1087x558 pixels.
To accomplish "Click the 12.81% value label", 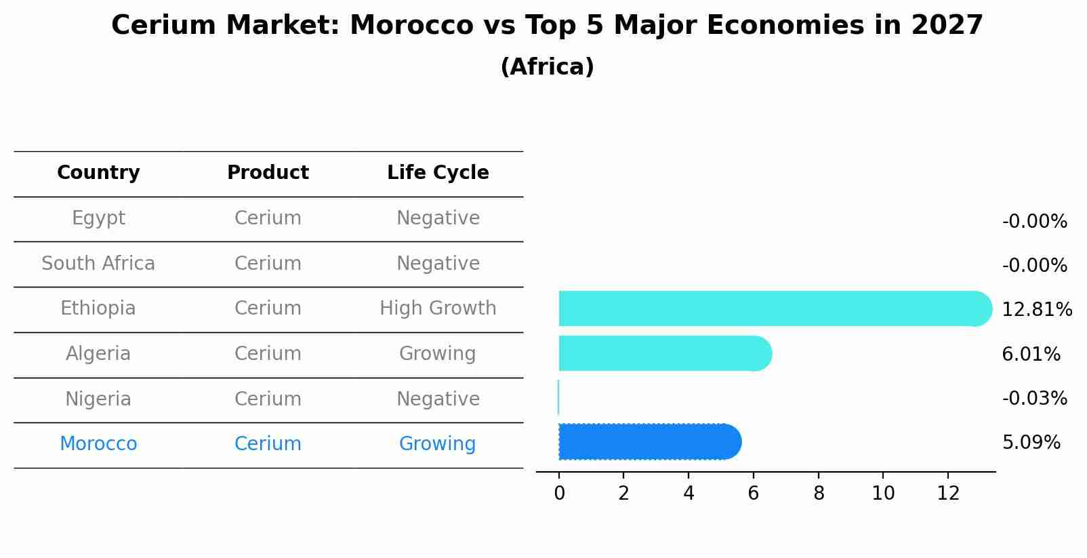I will point(1036,310).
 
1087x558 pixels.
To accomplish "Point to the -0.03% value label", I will point(1034,399).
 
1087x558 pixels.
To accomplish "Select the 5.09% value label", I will point(1031,443).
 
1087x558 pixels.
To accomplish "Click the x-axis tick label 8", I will point(819,494).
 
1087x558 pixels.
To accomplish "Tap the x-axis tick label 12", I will point(948,494).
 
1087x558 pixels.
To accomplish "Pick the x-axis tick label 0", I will point(559,494).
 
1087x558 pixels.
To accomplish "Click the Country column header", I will point(98,173).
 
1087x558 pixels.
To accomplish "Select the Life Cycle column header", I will point(438,173).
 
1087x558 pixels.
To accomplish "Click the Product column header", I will point(268,173).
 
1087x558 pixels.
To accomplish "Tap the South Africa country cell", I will point(98,264).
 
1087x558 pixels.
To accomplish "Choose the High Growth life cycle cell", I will point(438,308).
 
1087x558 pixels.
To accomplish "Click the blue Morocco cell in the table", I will point(98,444).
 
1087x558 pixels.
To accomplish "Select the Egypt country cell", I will point(98,218).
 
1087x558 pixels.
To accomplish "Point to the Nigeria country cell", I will point(98,399).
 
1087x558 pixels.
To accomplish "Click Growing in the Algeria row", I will point(437,354).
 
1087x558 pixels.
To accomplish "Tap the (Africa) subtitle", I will point(547,67).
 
